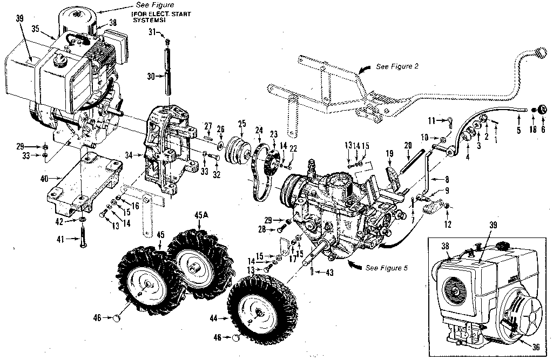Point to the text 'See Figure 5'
click(x=387, y=268)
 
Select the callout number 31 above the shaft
click(x=152, y=32)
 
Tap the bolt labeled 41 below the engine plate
click(x=82, y=237)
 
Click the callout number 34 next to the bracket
click(x=128, y=155)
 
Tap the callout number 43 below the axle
click(x=329, y=273)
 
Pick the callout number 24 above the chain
click(x=259, y=130)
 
